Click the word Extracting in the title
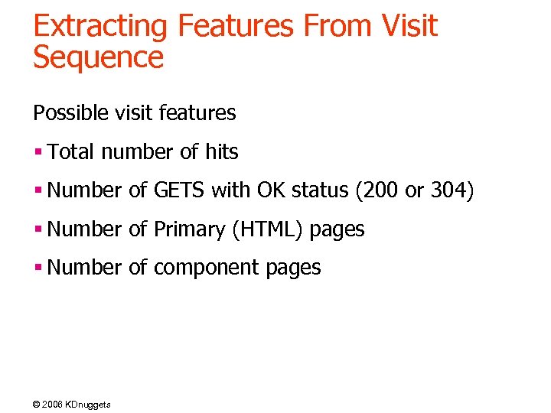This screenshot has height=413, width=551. point(100,27)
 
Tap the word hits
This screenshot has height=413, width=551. point(221,152)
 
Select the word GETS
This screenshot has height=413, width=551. point(180,190)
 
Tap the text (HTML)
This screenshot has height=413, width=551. point(268,229)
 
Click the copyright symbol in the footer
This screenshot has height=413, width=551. point(37,404)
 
